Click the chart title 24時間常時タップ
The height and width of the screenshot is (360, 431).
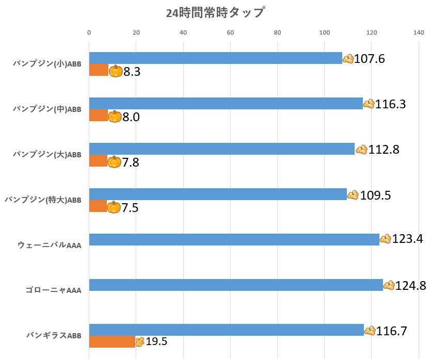pos(215,13)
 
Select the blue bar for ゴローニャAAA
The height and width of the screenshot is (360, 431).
pos(236,285)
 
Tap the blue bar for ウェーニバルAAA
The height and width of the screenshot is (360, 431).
pos(234,239)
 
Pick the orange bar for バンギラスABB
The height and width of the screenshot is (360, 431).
pos(112,341)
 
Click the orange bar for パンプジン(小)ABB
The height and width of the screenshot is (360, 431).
pos(99,70)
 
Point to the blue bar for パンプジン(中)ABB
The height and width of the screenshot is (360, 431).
pos(226,104)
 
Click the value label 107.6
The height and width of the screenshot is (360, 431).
pos(370,59)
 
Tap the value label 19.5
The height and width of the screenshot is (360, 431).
pos(156,341)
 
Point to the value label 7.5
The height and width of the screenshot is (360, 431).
pos(130,208)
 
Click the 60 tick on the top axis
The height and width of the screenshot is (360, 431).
pos(230,33)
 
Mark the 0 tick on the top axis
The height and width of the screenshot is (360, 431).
pos(89,33)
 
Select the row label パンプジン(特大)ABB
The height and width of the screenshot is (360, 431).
pos(43,200)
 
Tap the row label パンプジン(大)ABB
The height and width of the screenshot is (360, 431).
pos(47,154)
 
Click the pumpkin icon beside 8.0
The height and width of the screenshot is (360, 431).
pos(115,117)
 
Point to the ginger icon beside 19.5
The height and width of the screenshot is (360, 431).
pos(139,341)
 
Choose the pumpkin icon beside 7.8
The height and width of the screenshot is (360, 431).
pos(114,162)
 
